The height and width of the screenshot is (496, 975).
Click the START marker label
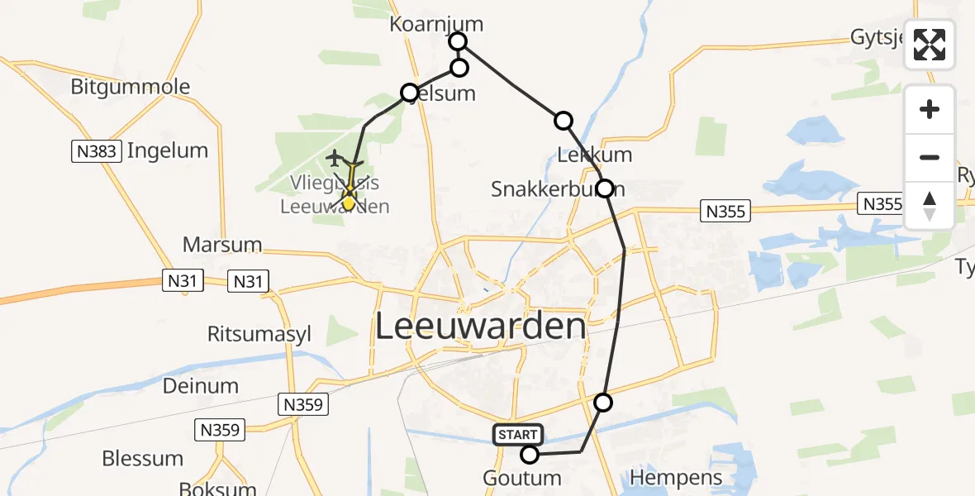(518, 434)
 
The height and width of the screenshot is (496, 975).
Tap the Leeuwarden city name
(481, 327)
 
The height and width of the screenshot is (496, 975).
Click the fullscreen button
(930, 45)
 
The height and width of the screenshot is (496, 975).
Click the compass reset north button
(930, 206)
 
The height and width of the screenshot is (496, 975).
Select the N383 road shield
(97, 151)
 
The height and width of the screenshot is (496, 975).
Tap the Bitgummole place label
(131, 87)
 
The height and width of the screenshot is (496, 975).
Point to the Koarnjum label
(436, 25)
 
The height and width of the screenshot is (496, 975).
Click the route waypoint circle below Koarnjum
(459, 68)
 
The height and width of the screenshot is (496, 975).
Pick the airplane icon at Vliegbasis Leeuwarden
(335, 156)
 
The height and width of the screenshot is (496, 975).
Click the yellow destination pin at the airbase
(349, 201)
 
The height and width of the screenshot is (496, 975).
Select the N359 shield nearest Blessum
(220, 430)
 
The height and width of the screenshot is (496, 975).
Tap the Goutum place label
(522, 478)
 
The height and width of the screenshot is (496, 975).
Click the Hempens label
(676, 477)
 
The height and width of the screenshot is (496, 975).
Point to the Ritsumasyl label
(259, 334)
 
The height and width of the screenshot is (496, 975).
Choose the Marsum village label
(222, 245)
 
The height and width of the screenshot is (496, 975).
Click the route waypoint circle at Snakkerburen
(605, 188)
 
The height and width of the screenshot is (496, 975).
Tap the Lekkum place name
(595, 155)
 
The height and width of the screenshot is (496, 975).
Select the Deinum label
(201, 385)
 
